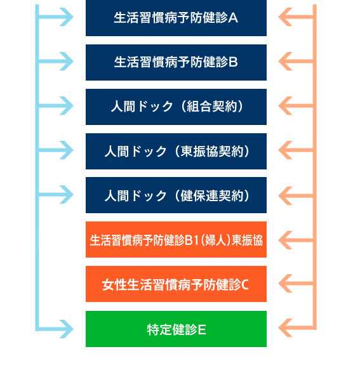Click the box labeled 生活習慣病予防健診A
coord(176,18)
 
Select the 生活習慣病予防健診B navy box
coord(176,62)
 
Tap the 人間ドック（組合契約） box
coord(176,107)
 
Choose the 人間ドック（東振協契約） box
coord(176,152)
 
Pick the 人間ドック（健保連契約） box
coord(176,195)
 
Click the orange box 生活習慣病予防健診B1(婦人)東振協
coord(176,240)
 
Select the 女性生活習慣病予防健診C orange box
coord(176,284)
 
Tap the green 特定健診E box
coord(176,329)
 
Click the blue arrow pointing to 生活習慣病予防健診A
coord(56,17)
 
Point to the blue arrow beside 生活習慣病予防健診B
coord(56,62)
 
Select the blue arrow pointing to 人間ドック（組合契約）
coord(56,105)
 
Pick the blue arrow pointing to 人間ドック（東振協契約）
coord(56,150)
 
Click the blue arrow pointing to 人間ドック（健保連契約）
coord(56,195)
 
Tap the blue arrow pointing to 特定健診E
coord(56,329)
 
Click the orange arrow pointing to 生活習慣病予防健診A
coord(296,17)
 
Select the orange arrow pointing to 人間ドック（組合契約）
coord(296,105)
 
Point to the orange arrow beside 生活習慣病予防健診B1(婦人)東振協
coord(296,240)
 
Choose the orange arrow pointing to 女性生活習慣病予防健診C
coord(296,284)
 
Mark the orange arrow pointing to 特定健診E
coord(296,328)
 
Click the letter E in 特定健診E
coord(202,330)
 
